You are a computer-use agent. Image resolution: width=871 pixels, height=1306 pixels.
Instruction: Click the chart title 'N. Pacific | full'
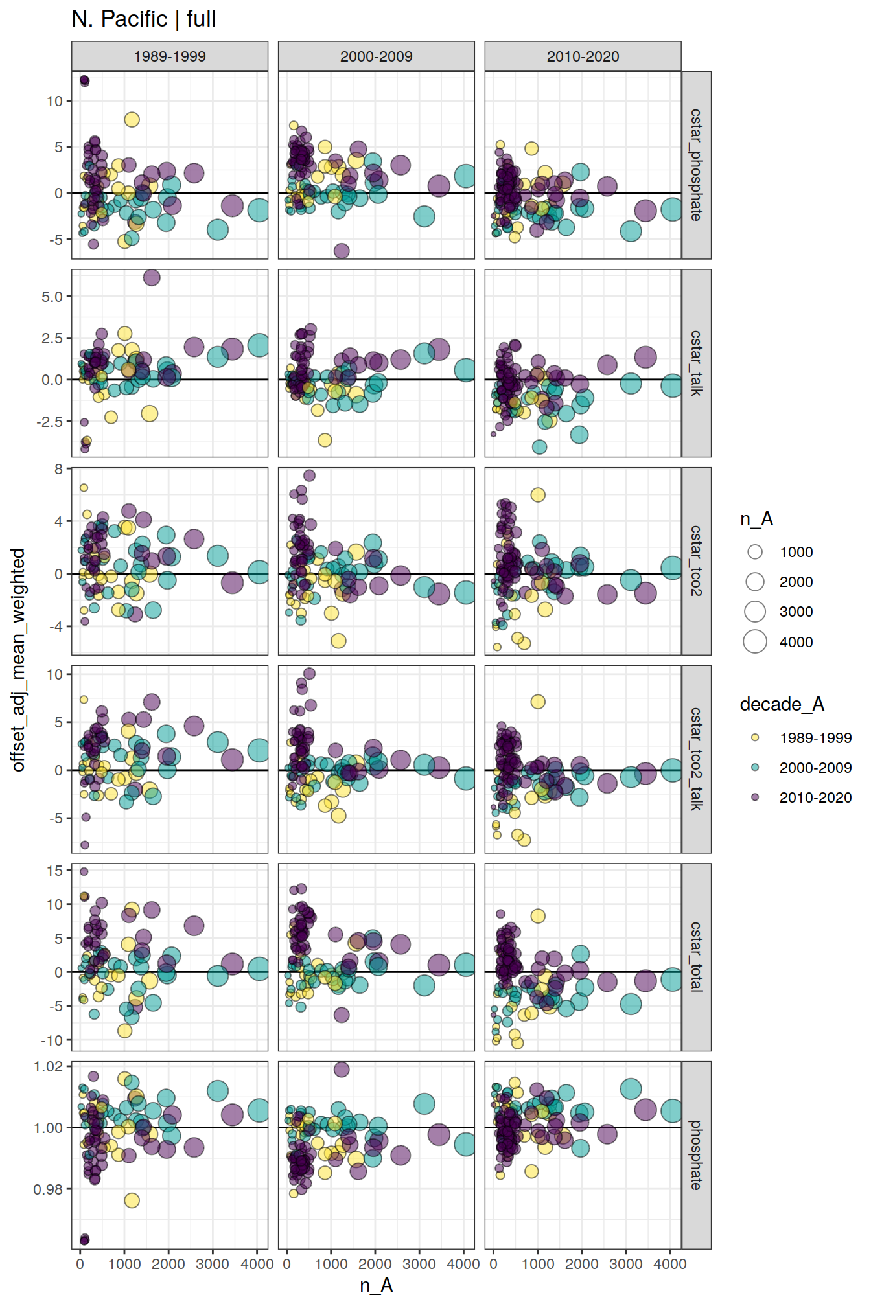[143, 19]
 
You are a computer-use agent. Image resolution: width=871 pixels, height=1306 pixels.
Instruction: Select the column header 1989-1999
[169, 56]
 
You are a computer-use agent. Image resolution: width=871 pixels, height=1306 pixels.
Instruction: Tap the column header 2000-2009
[376, 56]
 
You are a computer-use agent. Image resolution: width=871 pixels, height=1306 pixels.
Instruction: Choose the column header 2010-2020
[583, 56]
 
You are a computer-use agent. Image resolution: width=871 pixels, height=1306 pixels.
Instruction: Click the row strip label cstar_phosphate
[696, 165]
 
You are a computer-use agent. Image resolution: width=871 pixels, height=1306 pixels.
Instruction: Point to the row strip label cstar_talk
[696, 363]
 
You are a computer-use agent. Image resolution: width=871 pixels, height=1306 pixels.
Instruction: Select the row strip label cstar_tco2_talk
[696, 759]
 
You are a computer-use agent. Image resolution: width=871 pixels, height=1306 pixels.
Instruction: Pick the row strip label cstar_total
[696, 957]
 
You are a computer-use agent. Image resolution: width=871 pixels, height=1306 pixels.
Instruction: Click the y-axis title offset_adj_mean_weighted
[18, 659]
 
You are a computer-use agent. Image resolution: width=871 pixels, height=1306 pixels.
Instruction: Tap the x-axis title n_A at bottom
[376, 1285]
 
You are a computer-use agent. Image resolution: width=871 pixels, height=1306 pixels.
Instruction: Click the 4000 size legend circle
[755, 641]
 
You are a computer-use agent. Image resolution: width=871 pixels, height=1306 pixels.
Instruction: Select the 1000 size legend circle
[755, 552]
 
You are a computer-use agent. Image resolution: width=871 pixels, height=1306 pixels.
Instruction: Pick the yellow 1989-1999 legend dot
[755, 737]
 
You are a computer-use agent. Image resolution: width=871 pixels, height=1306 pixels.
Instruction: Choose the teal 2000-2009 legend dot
[755, 767]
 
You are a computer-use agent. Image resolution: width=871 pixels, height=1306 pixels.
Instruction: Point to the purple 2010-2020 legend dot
[755, 797]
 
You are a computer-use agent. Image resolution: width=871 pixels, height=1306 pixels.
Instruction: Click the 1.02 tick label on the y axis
[49, 1066]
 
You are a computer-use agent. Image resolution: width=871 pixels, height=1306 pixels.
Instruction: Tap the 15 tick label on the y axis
[55, 871]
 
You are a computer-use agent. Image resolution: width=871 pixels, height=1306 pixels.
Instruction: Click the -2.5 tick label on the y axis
[49, 421]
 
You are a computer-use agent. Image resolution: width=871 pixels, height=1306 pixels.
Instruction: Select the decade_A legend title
[782, 704]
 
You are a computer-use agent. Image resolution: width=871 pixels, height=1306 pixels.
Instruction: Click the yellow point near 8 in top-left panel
[132, 120]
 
